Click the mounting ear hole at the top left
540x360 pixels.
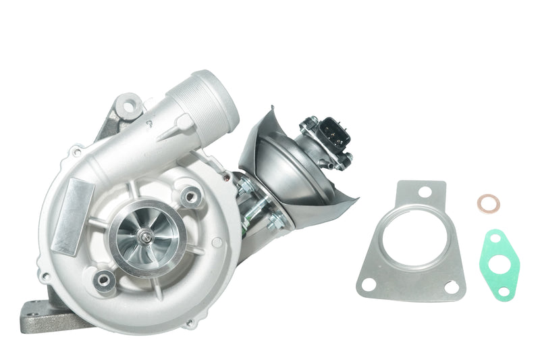pyautogui.click(x=128, y=104)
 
